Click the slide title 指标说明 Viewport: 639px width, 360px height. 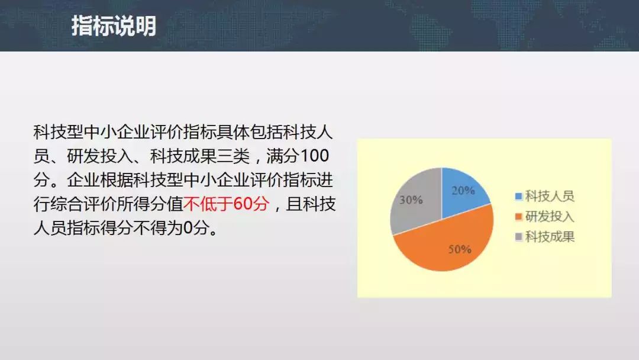(x=114, y=25)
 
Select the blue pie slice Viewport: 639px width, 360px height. (x=463, y=192)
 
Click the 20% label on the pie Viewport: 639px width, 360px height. (x=463, y=191)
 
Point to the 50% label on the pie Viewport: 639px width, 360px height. (x=460, y=249)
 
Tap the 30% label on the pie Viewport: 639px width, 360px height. (x=411, y=200)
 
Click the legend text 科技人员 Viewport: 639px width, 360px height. (x=550, y=196)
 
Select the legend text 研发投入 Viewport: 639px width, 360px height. (x=550, y=217)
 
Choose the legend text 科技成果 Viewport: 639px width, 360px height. (x=550, y=237)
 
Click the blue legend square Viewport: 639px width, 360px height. (x=519, y=197)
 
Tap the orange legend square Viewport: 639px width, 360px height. (x=519, y=217)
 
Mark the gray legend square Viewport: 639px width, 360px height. (x=519, y=237)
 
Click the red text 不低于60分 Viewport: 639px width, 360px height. (x=226, y=204)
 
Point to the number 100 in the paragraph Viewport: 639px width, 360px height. (x=314, y=156)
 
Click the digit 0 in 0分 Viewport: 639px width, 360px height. (x=188, y=228)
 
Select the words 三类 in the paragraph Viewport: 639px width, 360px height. (x=234, y=156)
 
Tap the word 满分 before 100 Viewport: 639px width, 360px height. (x=283, y=156)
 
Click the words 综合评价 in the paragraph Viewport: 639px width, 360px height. (x=83, y=204)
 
